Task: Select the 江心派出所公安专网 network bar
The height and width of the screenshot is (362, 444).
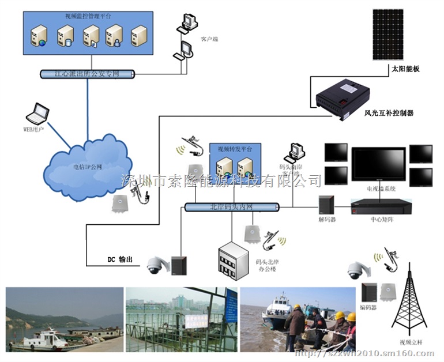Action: (x=87, y=74)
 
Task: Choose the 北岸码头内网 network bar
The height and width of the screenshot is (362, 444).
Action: (x=232, y=207)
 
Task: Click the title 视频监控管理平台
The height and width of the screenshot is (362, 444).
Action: (x=88, y=15)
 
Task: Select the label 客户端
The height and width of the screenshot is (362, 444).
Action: (x=209, y=39)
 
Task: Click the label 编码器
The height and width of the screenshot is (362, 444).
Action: (x=369, y=308)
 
